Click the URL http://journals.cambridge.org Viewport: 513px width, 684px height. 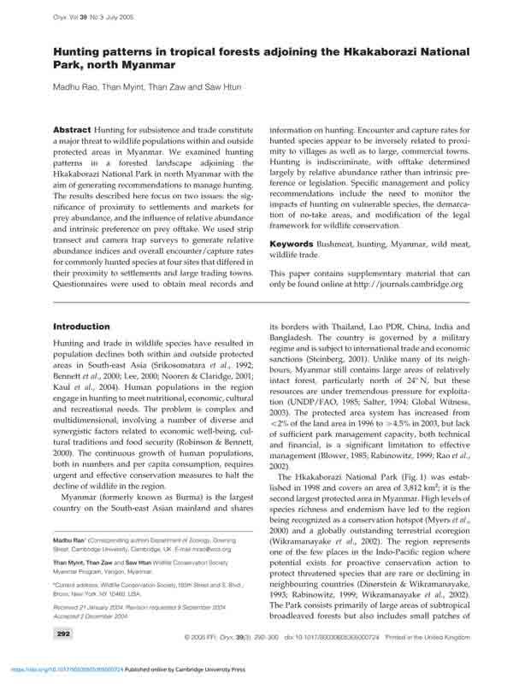(x=406, y=285)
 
